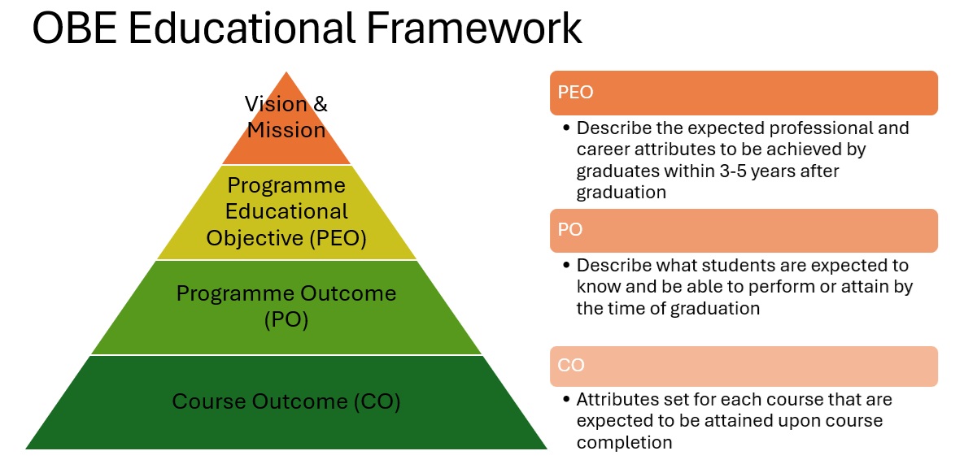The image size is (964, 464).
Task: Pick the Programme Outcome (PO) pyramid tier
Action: click(286, 307)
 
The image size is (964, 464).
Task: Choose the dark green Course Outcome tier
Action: click(286, 402)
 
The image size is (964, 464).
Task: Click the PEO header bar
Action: click(744, 93)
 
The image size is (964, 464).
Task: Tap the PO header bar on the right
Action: click(744, 230)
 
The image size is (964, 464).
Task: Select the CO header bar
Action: click(744, 366)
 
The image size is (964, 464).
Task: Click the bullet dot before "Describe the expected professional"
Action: click(566, 129)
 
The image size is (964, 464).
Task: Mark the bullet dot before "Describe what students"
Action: click(566, 267)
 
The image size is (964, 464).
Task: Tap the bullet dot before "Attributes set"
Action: click(566, 400)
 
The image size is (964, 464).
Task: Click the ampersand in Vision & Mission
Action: click(321, 104)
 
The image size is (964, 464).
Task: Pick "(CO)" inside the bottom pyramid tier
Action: click(377, 402)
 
